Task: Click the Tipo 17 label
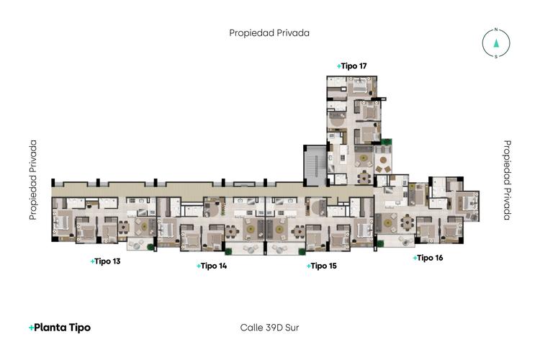click(352, 66)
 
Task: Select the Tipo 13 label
click(106, 261)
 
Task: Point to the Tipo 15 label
click(322, 266)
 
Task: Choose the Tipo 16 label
click(428, 257)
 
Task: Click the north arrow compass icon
click(496, 43)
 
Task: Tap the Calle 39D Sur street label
click(269, 328)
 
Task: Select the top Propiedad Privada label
click(269, 32)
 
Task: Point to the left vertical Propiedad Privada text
click(33, 180)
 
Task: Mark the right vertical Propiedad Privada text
click(507, 180)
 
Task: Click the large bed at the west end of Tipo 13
click(63, 224)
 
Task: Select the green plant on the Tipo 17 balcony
click(387, 141)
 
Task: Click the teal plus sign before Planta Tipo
click(32, 328)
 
